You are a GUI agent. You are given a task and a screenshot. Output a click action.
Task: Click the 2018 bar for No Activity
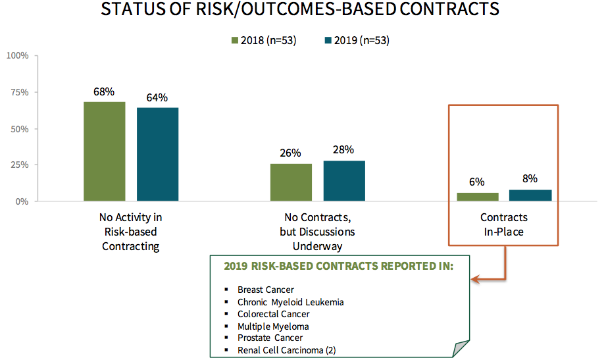[x=105, y=151]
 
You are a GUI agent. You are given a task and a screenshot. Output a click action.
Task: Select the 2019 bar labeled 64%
[x=158, y=154]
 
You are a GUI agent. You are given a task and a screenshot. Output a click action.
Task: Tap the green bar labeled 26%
[x=291, y=182]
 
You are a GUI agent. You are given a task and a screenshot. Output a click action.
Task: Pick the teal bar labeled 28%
[x=344, y=180]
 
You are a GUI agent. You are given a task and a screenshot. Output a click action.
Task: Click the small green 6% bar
[x=478, y=197]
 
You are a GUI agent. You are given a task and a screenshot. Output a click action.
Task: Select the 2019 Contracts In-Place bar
[x=530, y=195]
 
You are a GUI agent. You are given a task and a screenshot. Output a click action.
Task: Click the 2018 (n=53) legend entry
[x=264, y=40]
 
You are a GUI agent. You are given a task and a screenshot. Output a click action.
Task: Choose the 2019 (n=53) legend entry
[x=357, y=40]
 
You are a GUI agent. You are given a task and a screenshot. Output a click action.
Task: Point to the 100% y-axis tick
[x=17, y=56]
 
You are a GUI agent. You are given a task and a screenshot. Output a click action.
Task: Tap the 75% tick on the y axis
[x=19, y=92]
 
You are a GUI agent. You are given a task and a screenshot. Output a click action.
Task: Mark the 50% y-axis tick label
[x=19, y=129]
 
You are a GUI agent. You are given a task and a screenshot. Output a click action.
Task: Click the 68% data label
[x=104, y=91]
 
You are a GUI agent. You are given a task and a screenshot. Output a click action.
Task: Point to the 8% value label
[x=530, y=178]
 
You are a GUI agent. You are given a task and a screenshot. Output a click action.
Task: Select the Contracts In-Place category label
[x=504, y=224]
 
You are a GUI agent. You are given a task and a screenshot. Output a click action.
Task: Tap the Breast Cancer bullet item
[x=266, y=290]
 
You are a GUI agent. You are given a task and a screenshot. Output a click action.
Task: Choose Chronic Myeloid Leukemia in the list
[x=291, y=302]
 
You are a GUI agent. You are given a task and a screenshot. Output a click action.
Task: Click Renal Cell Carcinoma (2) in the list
[x=287, y=350]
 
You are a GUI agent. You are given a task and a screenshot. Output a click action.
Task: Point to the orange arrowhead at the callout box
[x=475, y=279]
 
